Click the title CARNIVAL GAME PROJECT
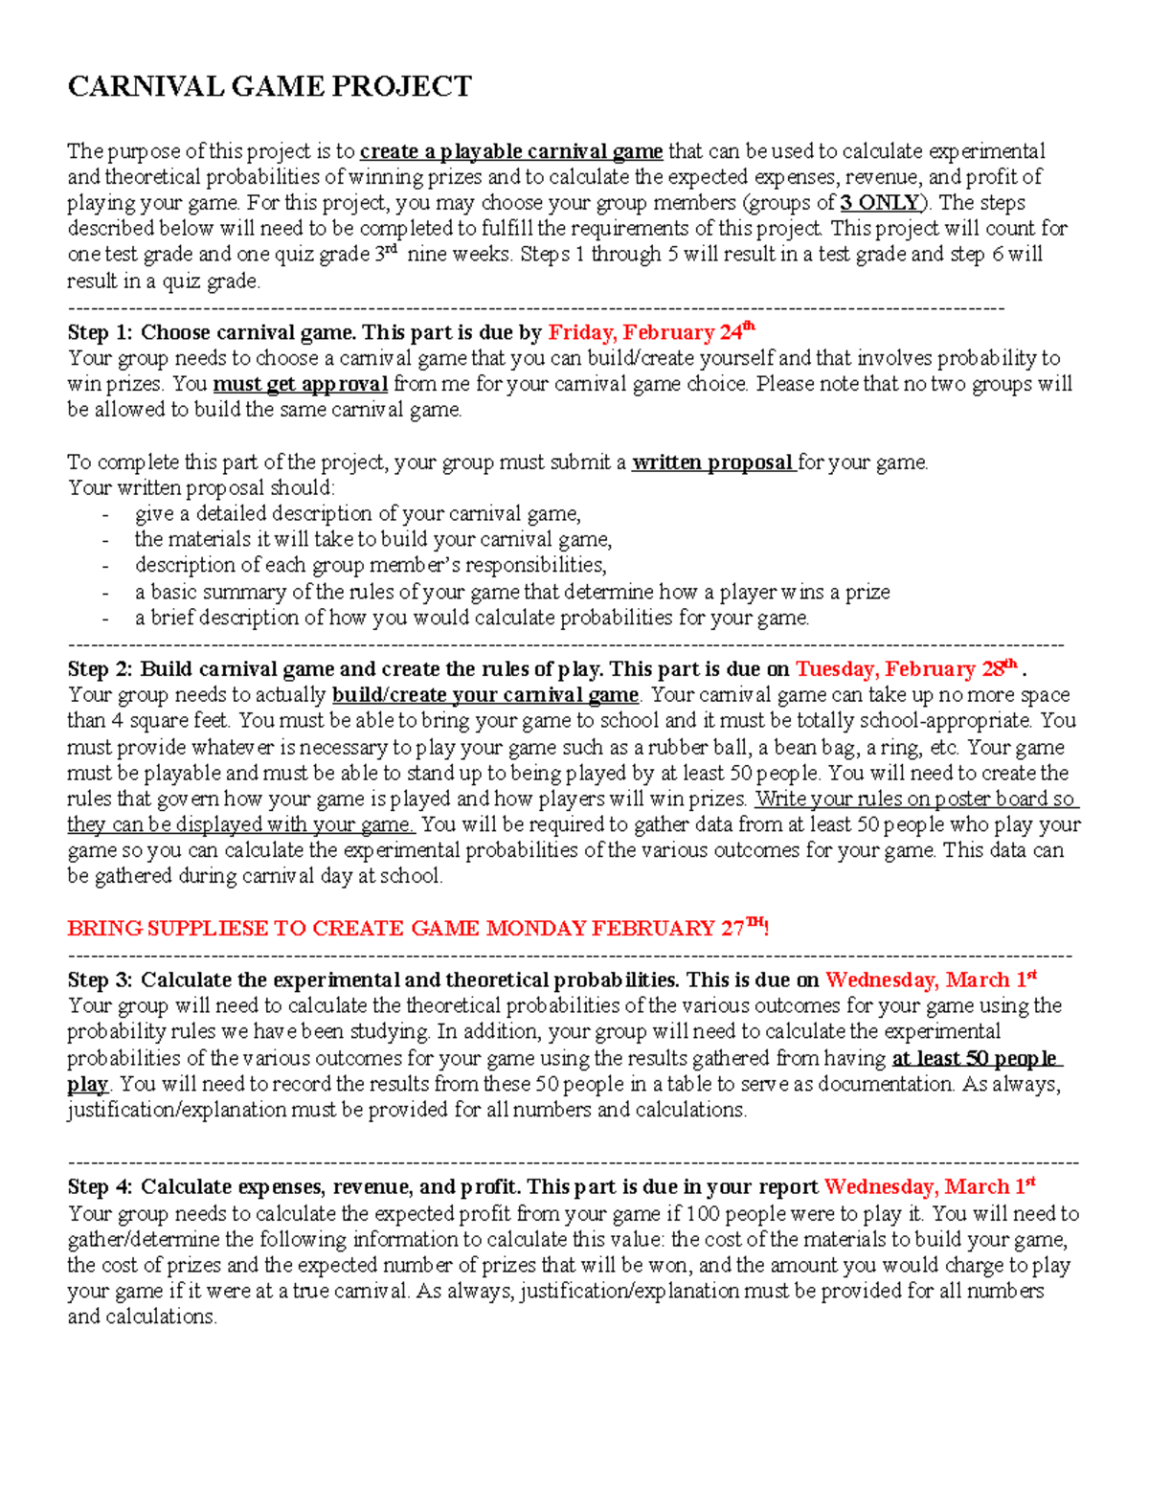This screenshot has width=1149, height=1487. (x=269, y=87)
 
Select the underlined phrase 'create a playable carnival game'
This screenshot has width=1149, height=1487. (x=511, y=151)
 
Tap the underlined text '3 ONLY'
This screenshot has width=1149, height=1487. (x=879, y=203)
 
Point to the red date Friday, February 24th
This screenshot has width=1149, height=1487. (x=651, y=332)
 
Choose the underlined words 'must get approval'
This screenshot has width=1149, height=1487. (x=300, y=385)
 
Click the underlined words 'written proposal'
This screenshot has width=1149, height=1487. (x=712, y=462)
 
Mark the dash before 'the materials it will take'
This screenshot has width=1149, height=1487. (x=104, y=540)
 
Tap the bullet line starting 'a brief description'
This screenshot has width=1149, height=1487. (x=471, y=618)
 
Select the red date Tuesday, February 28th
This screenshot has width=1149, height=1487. (x=906, y=669)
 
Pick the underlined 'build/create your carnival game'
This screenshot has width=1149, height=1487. (x=484, y=695)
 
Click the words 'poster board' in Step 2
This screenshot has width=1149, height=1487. (x=992, y=800)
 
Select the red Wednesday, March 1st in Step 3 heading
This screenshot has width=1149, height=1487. (x=931, y=980)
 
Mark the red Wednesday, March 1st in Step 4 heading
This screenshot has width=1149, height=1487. (x=930, y=1187)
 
